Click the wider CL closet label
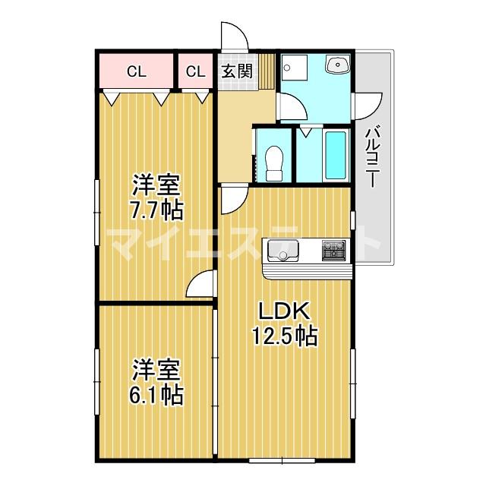click(136, 72)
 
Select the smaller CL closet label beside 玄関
click(195, 72)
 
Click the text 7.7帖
click(156, 209)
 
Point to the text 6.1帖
click(156, 396)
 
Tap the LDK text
click(284, 311)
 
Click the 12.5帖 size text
click(284, 335)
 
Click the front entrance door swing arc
click(232, 36)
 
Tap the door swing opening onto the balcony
click(369, 105)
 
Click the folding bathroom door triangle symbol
click(305, 131)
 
